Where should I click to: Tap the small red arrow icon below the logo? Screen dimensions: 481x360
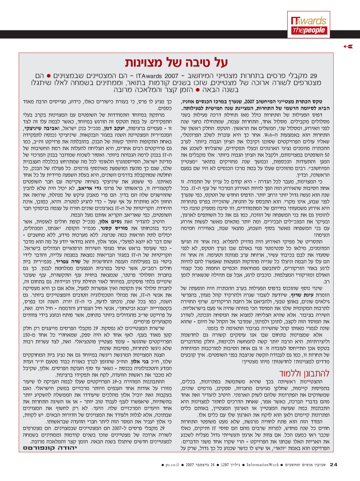click(348, 46)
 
